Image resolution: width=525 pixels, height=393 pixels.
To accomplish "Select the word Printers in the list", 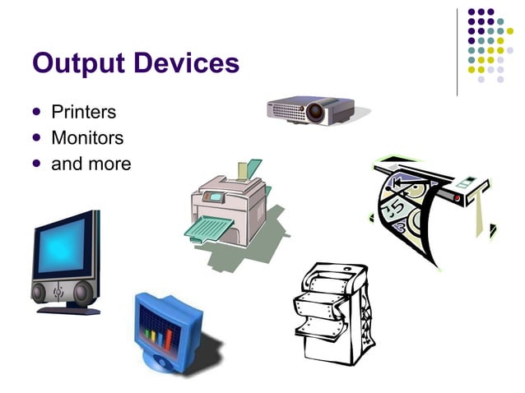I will coord(83,112).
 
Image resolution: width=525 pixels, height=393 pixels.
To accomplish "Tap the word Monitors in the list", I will coord(87,137).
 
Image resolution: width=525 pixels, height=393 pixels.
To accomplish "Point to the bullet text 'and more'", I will coord(91,164).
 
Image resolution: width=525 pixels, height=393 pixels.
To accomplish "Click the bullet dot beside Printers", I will coord(35,112).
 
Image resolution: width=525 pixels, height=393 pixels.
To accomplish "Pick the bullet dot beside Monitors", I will coord(35,137).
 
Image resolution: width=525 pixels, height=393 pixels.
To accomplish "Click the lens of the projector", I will coord(316,111).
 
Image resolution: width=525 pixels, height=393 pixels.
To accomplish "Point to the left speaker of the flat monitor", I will coord(41,292).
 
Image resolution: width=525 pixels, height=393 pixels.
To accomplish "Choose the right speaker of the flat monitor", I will coord(81,292).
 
